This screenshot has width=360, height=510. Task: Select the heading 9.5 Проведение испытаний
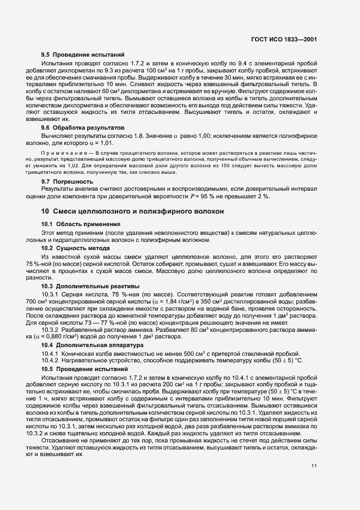[83, 54]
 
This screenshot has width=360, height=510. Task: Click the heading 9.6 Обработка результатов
[83, 126]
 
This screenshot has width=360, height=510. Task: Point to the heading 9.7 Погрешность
[68, 181]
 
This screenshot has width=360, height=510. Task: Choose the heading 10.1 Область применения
[81, 224]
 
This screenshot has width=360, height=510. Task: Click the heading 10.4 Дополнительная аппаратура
[89, 345]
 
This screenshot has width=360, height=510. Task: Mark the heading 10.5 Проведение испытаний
[84, 369]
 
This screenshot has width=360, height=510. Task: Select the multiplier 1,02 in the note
[72, 163]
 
